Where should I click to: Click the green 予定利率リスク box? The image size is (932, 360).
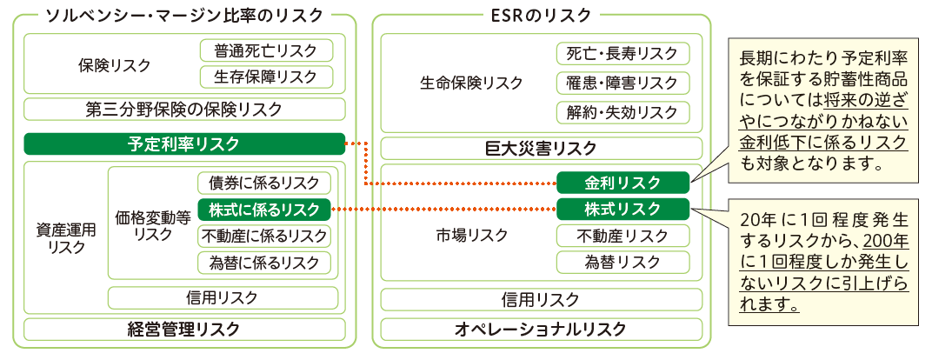184,144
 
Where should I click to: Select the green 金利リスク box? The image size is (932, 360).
622,183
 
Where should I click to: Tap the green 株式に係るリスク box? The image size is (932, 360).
264,209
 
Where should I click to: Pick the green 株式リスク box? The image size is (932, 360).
622,209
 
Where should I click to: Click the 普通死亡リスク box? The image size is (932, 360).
266,50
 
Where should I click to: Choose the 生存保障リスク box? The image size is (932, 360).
266,77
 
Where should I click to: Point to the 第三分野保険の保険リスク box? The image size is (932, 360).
184,110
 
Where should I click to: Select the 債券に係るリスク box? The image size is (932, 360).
264,183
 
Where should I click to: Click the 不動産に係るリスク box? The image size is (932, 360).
264,236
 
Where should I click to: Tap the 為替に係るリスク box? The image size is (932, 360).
264,262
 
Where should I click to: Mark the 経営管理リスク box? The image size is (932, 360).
184,329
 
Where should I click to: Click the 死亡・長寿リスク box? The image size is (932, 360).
622,53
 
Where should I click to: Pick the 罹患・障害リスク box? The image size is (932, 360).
622,83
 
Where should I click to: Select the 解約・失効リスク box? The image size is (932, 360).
622,112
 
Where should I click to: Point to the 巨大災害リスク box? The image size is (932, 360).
541,148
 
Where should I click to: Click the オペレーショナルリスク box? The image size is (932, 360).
541,329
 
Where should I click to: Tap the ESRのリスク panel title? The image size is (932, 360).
540,15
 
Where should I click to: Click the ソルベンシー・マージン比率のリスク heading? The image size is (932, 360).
184,15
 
